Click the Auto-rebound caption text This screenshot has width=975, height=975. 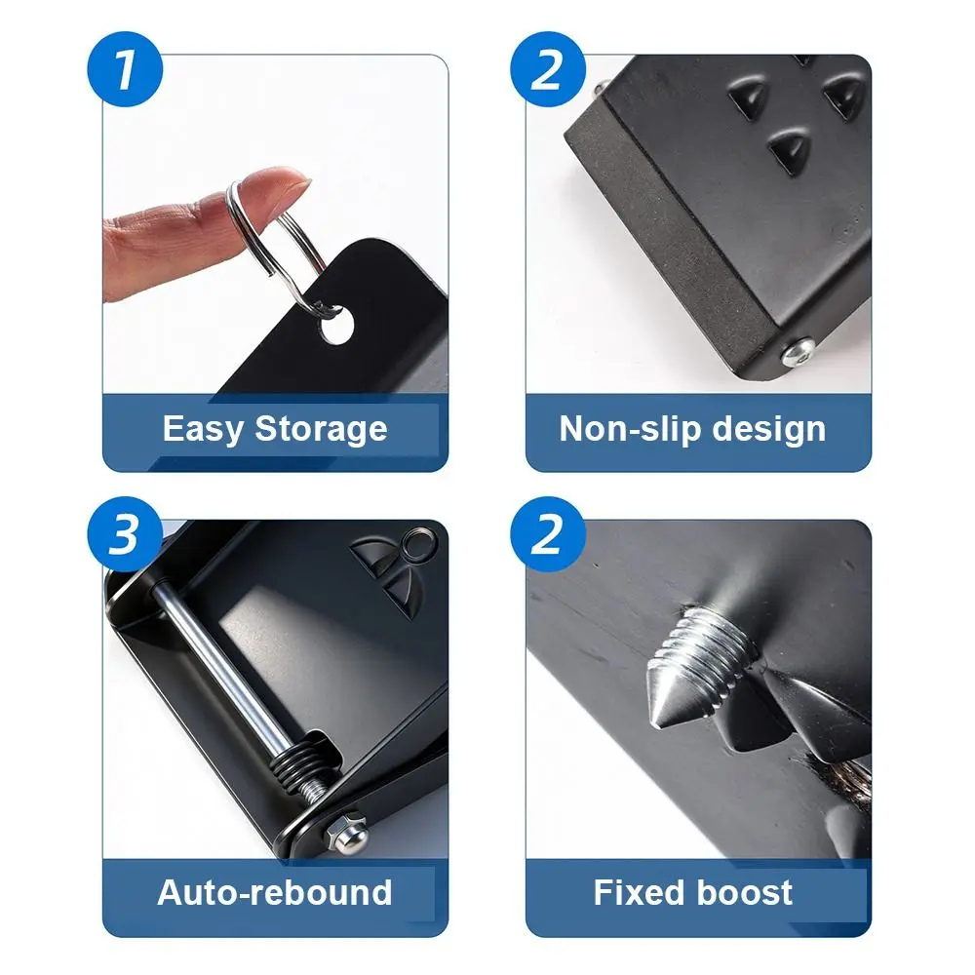coord(274,892)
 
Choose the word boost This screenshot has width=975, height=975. coord(747,892)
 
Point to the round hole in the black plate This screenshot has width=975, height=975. coord(334,329)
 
